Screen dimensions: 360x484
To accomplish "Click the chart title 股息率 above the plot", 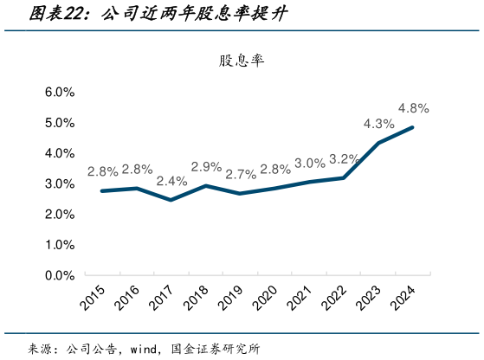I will pos(242,61).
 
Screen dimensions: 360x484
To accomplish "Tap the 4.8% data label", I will pos(414,108).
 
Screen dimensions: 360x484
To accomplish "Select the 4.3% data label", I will pos(379,123).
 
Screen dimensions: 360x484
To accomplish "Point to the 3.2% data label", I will pos(345,158).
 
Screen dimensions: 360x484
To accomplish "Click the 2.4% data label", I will pos(171,181).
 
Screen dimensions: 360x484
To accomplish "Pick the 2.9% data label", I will pos(206,167).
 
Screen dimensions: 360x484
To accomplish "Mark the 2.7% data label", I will pos(241,174).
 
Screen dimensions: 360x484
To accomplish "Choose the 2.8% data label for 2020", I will pos(275,169).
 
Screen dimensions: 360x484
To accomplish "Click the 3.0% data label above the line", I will pos(310,163).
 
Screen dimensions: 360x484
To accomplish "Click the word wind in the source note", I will pos(144,350).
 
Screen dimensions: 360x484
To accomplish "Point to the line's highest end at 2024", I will pos(412,127).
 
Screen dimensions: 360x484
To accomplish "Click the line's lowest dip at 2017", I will pos(171,200).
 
